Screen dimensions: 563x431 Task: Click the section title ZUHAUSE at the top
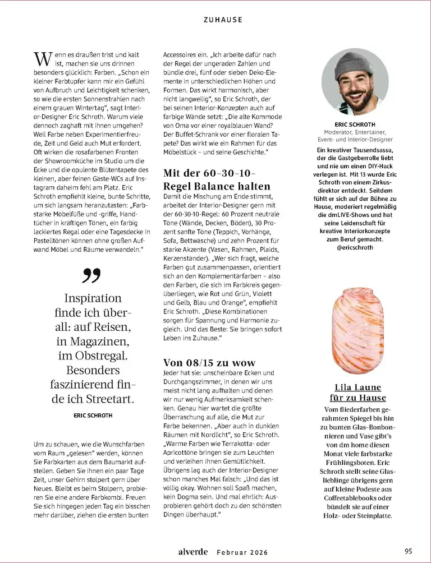click(x=223, y=20)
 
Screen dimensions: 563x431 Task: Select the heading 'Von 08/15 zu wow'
click(x=209, y=362)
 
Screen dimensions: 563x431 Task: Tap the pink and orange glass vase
click(x=358, y=331)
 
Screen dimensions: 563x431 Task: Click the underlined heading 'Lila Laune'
click(x=357, y=387)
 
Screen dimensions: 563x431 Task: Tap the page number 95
click(x=408, y=551)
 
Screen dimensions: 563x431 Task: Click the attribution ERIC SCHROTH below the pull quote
click(x=93, y=416)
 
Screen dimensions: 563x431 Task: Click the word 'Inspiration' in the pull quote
click(x=93, y=298)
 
